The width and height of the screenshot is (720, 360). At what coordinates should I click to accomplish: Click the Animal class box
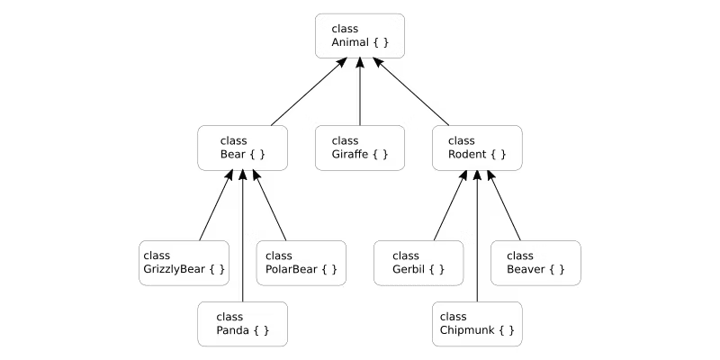tap(360, 36)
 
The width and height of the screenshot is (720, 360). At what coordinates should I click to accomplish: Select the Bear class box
tap(243, 148)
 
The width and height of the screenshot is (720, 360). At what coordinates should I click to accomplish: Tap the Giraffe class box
tap(360, 148)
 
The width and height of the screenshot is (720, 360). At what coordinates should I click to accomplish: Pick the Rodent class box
tap(477, 148)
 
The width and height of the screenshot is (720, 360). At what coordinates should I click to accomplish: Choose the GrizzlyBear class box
tap(184, 263)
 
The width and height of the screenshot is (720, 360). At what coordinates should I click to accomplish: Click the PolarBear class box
tap(301, 263)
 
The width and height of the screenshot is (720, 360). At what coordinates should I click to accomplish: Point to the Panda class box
tap(243, 324)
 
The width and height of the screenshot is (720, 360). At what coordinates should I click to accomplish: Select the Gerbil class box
tap(418, 263)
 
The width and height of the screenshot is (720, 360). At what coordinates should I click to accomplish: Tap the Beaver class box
tap(535, 263)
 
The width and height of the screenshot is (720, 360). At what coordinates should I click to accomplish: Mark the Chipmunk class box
tap(477, 324)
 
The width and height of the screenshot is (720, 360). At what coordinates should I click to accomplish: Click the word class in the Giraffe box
tap(345, 140)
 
